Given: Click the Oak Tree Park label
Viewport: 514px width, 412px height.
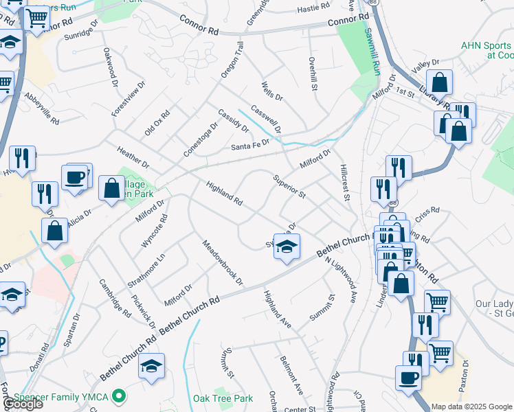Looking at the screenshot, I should click(223, 398).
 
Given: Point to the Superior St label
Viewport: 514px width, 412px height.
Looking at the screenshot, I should click(289, 185).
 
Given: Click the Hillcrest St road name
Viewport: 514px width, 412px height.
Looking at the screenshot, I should click(346, 183).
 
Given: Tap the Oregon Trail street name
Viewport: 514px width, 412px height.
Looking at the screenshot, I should click(232, 59).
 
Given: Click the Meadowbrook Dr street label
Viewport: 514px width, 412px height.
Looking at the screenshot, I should click(223, 262).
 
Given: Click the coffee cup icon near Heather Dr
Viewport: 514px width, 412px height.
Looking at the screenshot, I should click(75, 177).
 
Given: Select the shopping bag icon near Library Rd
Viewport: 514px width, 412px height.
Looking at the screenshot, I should click(440, 82).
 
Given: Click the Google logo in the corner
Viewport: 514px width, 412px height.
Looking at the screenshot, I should click(22, 404).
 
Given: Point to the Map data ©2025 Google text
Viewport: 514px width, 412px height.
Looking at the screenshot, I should click(472, 407).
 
